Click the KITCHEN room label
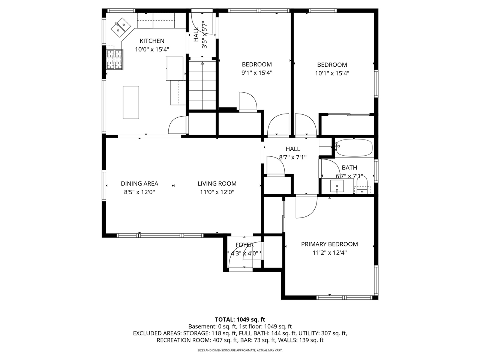(152, 41)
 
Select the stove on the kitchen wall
(115, 60)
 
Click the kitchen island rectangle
(131, 102)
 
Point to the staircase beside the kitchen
(202, 85)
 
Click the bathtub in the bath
(354, 147)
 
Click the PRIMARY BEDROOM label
(329, 244)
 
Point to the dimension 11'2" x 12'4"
(329, 253)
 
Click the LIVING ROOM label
(217, 183)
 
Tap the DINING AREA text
(139, 183)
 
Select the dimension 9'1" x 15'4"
(256, 73)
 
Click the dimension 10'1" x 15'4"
(332, 73)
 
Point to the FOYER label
(244, 245)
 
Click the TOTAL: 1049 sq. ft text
(240, 319)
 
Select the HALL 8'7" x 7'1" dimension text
(292, 157)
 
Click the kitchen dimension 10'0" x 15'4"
(152, 49)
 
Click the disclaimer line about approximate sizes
(240, 350)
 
